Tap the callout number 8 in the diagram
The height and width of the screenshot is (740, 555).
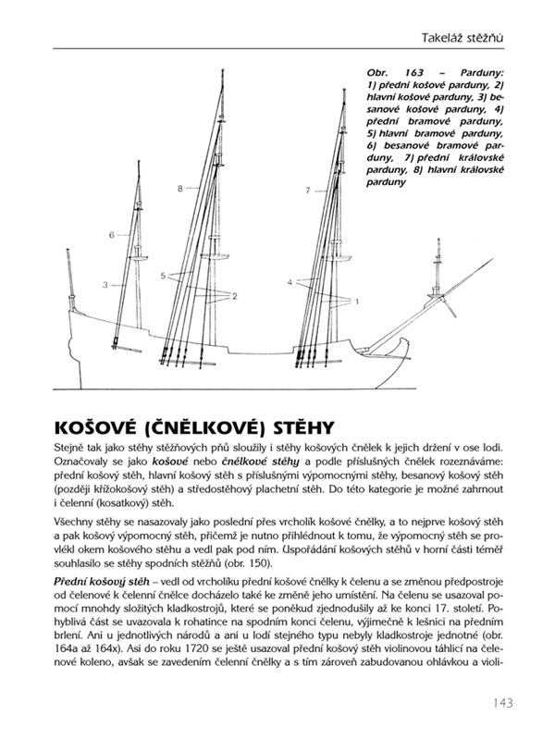click(181, 189)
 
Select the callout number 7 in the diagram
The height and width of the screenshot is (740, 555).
click(307, 191)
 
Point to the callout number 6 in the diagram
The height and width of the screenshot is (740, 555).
click(111, 236)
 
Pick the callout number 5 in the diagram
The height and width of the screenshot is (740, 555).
click(162, 276)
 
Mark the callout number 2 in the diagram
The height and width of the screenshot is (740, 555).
click(235, 296)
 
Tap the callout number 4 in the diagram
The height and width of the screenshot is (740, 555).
click(290, 280)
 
